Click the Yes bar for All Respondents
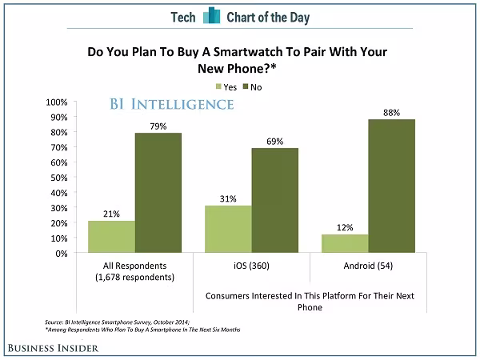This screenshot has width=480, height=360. pyautogui.click(x=111, y=237)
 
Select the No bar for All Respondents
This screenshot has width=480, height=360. pyautogui.click(x=158, y=193)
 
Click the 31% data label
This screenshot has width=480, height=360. pyautogui.click(x=229, y=198)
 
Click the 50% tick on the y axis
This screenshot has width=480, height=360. pyautogui.click(x=58, y=178)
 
